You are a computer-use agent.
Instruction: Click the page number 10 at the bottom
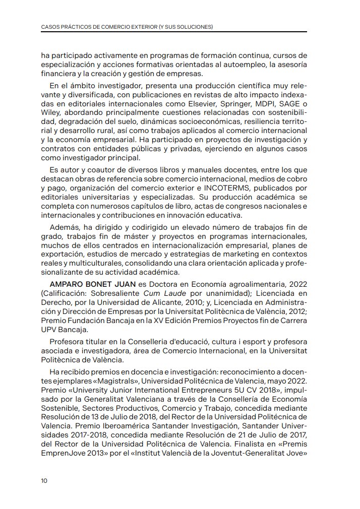click(x=44, y=480)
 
